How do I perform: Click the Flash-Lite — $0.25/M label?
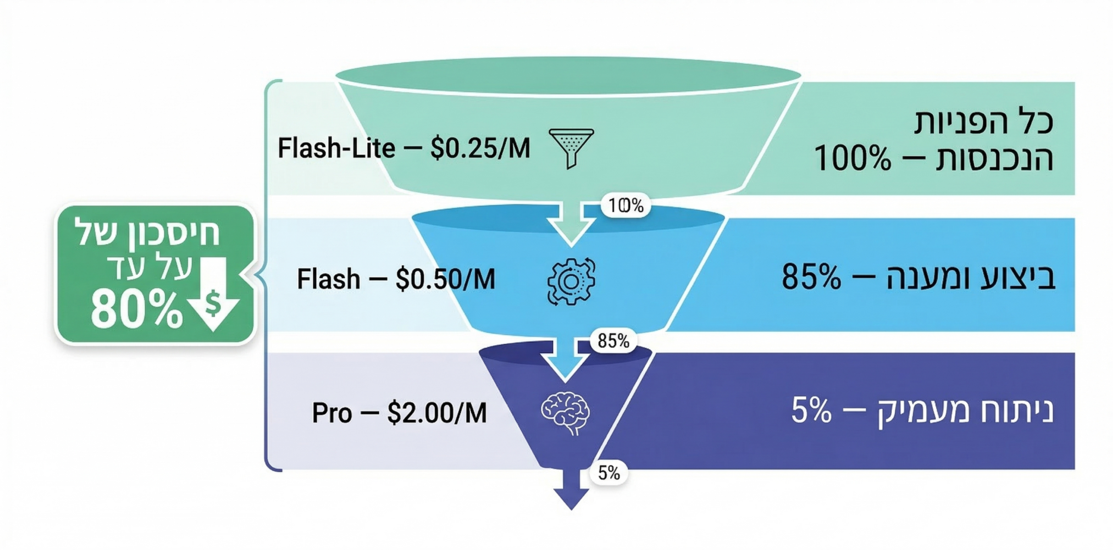[x=404, y=148]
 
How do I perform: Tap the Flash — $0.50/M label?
[x=396, y=279]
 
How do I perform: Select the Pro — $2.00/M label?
[x=399, y=413]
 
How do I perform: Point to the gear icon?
[x=571, y=282]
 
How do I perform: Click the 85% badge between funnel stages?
[x=613, y=341]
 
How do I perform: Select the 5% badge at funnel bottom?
[x=609, y=473]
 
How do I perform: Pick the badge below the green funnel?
[x=626, y=205]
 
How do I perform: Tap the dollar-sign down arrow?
[x=213, y=294]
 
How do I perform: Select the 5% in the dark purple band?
[x=811, y=410]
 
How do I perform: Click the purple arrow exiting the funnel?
[x=571, y=489]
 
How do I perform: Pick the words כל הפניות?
[x=983, y=122]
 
